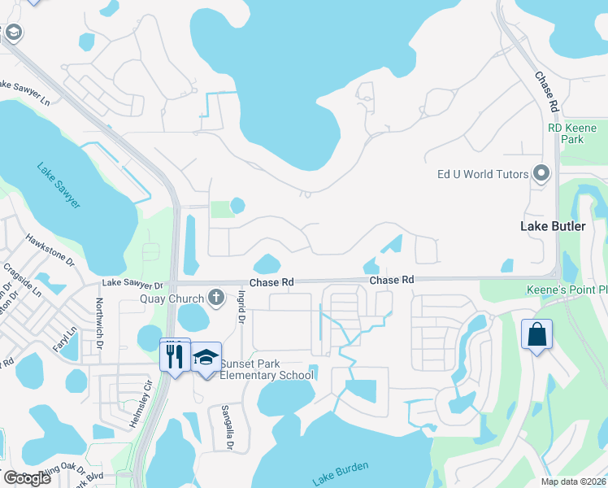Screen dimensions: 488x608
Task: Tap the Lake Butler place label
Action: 553,226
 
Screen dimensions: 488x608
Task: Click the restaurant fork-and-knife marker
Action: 175,355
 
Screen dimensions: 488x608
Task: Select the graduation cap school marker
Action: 206,358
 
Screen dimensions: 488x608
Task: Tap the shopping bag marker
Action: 536,334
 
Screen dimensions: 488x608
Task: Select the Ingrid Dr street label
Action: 241,310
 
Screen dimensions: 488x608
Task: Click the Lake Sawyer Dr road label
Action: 132,285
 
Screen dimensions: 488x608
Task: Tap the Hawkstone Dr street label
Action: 50,251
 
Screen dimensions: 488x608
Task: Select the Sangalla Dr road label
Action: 228,427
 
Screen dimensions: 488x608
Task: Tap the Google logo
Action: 27,477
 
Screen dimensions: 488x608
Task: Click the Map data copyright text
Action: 574,481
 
